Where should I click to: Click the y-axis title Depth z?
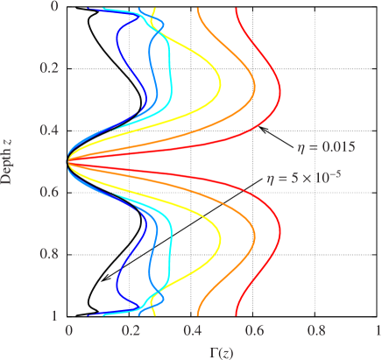click(x=7, y=159)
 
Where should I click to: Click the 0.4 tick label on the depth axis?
click(x=50, y=130)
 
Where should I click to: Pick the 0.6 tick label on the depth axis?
click(x=50, y=192)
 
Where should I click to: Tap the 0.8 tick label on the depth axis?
click(x=50, y=254)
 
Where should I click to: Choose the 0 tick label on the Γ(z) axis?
click(x=69, y=332)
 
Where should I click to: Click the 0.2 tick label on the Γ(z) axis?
click(x=131, y=332)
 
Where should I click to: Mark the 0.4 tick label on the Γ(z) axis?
click(x=193, y=332)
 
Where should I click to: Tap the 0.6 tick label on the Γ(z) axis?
click(x=255, y=332)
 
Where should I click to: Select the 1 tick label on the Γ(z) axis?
click(x=378, y=332)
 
